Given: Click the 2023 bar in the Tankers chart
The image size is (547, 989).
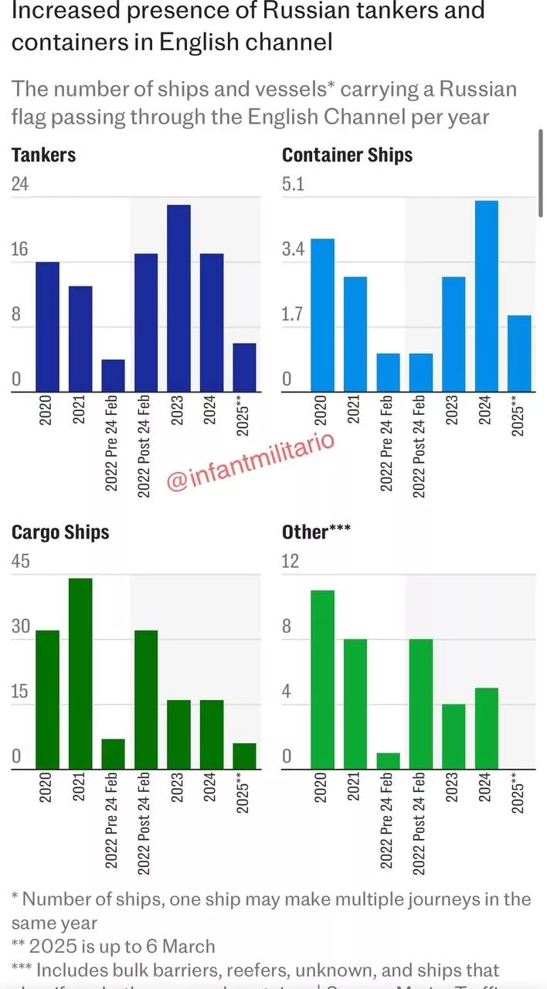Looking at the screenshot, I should coord(178,298).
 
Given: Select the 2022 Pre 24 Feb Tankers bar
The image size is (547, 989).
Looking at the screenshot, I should coord(113,376).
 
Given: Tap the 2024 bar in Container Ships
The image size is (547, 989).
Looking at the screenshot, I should coord(487,296).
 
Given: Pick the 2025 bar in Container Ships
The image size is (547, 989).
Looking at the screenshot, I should coord(519,353).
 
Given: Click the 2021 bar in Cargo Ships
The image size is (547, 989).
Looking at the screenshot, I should coord(80,673).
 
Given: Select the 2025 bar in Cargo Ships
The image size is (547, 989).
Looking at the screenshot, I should coord(244,756).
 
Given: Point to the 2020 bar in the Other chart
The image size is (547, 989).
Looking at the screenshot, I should coord(323,679).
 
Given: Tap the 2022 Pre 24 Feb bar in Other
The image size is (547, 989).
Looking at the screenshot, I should coord(389,760).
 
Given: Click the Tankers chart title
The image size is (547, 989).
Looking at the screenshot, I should coord(43,155).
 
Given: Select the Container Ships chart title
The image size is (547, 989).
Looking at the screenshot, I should coord(347,155).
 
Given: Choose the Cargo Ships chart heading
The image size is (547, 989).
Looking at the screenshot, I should coord(60,532).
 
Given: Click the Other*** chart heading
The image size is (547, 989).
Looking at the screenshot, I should coord(316,532).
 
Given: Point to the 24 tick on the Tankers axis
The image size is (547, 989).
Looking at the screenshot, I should coord(20,184).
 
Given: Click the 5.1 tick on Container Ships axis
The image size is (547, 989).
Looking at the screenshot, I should coord(294,184).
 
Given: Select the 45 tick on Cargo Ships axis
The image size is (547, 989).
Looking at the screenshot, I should coord(21,561).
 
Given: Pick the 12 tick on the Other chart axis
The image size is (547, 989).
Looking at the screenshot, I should coord(290,561).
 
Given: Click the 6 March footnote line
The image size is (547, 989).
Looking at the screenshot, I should coord(114,946).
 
